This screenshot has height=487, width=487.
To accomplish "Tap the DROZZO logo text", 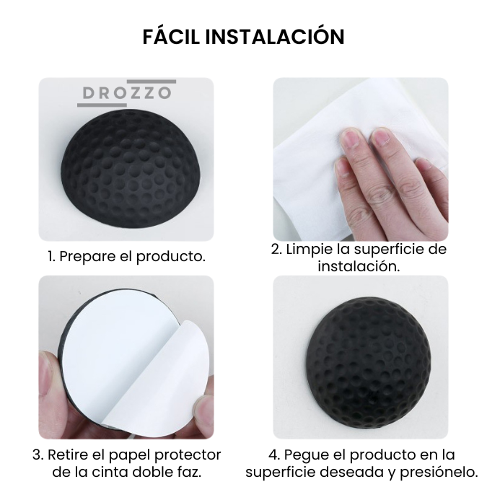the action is coord(127,93).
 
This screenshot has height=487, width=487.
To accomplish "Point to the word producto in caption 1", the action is coord(171,256).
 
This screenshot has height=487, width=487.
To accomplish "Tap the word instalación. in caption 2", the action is coord(359,266).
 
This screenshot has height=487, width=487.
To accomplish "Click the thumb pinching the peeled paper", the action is coord(203,411).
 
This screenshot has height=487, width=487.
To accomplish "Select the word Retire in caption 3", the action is coord(69,455).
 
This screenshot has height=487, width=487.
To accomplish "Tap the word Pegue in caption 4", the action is coord(307,456).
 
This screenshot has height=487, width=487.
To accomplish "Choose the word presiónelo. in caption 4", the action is coord(439,473).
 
